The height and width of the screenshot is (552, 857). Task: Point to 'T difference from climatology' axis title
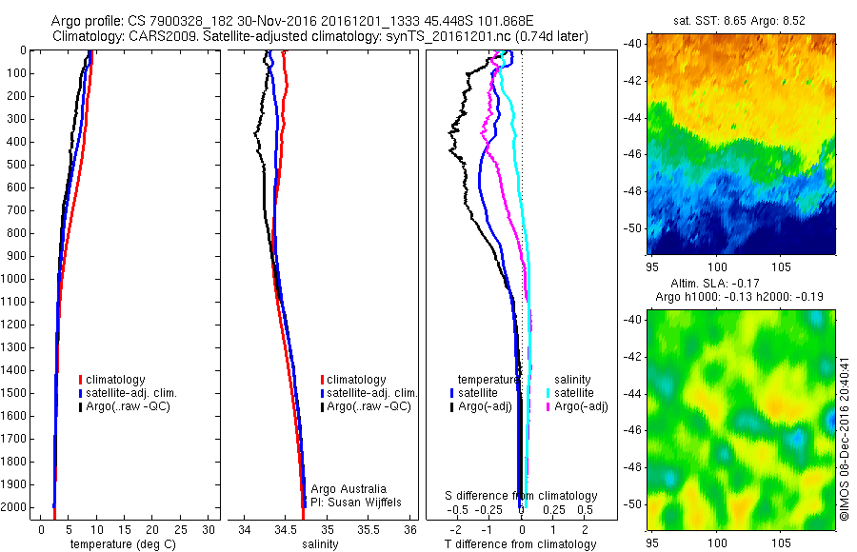[520, 544]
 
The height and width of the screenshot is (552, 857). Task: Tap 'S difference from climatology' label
[522, 496]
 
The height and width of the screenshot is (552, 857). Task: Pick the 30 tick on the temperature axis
[208, 529]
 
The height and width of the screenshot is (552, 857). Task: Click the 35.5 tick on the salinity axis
[369, 529]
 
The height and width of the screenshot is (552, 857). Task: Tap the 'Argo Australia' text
[349, 488]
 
